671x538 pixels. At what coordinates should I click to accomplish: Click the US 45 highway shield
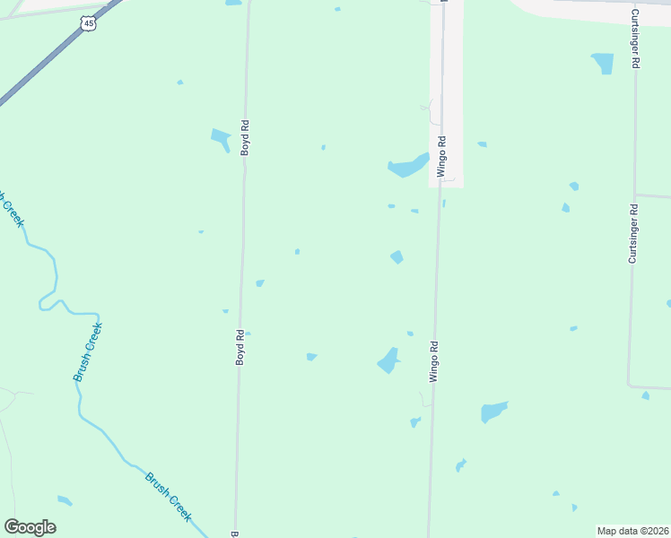click(x=87, y=24)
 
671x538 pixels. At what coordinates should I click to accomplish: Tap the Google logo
click(x=30, y=527)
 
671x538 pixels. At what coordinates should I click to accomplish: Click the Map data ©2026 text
click(x=633, y=531)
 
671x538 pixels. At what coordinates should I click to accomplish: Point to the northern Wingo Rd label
click(x=441, y=157)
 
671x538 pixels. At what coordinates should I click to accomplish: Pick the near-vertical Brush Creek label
click(x=88, y=352)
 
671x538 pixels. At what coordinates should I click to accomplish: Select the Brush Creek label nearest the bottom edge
click(x=169, y=496)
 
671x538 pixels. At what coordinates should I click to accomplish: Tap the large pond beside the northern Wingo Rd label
click(x=407, y=166)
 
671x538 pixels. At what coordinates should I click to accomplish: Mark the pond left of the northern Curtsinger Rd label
click(x=603, y=63)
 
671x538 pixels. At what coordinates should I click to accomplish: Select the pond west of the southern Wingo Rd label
click(x=389, y=360)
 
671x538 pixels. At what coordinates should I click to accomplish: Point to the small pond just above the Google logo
click(x=64, y=500)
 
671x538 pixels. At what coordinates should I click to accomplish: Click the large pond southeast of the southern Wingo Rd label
click(x=493, y=412)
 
